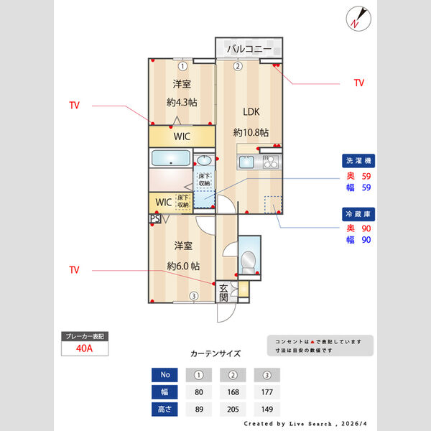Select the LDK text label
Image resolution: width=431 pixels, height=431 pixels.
[251, 111]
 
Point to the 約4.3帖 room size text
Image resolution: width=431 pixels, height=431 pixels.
[182, 102]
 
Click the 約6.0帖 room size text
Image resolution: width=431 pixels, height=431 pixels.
[183, 265]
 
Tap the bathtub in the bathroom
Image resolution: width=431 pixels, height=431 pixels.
[170, 158]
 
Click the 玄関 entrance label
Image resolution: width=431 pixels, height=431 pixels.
[224, 291]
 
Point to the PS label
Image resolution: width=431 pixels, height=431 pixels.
[154, 219]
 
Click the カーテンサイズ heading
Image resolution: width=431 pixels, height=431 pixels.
[215, 353]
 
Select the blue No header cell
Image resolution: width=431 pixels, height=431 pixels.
[165, 375]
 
